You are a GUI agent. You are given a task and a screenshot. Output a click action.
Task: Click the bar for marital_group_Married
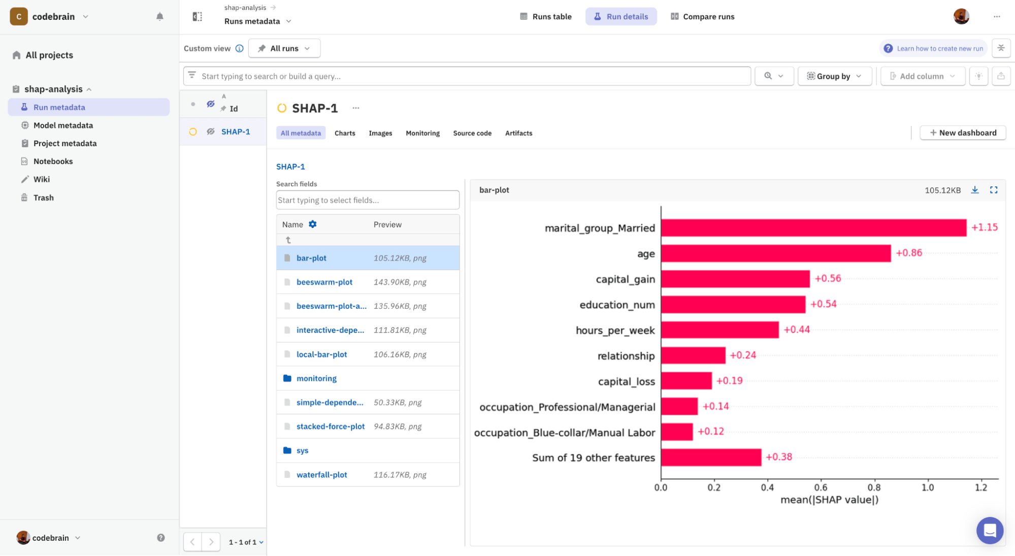coord(813,228)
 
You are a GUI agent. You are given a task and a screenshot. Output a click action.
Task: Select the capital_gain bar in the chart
coord(735,279)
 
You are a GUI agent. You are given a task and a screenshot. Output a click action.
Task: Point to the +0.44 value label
coord(797,330)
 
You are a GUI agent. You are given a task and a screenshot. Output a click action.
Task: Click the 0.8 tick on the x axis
coord(874,487)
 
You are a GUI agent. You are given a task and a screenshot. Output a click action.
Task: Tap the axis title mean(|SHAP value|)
coord(829,500)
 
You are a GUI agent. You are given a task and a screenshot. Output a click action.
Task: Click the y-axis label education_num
coord(617,305)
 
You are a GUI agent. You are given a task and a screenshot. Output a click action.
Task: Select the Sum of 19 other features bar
coord(711,457)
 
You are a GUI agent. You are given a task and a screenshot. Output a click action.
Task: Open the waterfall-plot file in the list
coord(321,475)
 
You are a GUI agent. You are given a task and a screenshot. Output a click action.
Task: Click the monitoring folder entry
coord(316,378)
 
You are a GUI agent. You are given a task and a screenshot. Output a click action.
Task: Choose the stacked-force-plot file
coord(330,427)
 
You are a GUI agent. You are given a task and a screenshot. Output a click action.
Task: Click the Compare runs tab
coord(703,17)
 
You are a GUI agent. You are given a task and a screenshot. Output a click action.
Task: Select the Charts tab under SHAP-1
coord(345,133)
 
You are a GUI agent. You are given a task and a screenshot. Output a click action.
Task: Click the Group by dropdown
coord(834,76)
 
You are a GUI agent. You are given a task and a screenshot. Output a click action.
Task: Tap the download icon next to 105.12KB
coord(975,190)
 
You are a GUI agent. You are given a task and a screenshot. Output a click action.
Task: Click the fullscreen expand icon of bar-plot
coord(994,190)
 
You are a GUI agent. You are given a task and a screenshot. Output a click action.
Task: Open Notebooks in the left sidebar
coord(53,161)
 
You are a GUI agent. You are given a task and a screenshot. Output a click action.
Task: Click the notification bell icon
coord(160,17)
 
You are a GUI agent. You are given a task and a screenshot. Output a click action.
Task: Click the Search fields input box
coord(368,200)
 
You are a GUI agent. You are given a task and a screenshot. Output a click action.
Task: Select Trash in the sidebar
coord(43,198)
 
